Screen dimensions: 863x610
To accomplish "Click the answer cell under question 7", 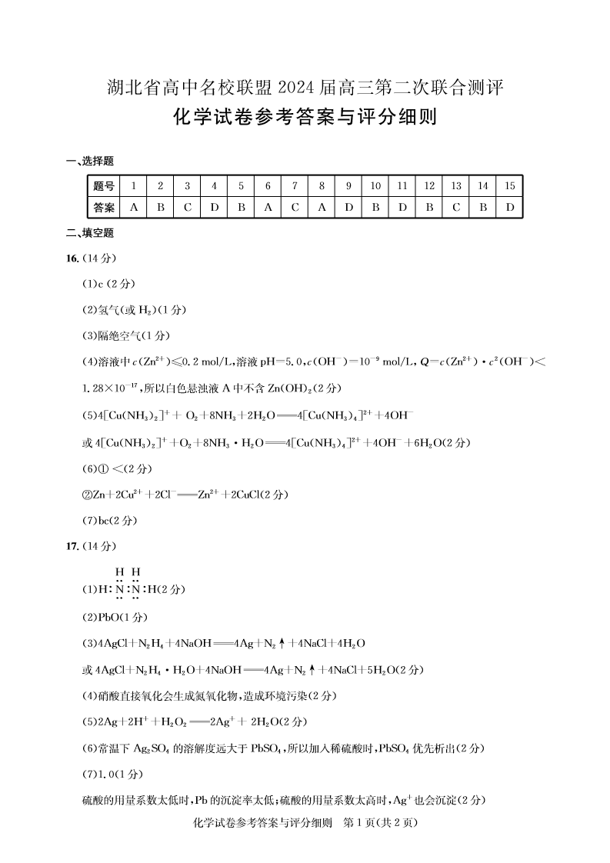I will (x=295, y=208).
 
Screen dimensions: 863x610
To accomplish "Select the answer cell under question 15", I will (x=508, y=208).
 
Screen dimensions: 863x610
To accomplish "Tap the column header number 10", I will (x=375, y=186).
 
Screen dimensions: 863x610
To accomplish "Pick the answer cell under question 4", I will (x=214, y=208).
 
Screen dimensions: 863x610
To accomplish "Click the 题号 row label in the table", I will (x=104, y=186).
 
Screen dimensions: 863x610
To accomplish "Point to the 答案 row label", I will (x=104, y=208).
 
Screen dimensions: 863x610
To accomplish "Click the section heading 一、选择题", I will (x=91, y=161).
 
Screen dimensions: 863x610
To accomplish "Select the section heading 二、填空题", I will (x=91, y=233).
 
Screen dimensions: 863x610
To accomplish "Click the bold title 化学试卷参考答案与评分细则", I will (x=305, y=118).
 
